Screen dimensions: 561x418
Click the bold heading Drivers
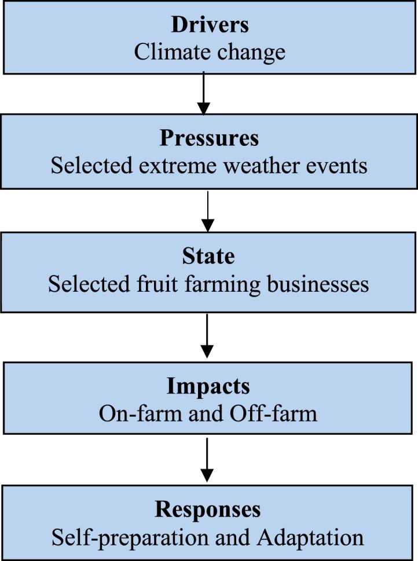click(x=209, y=25)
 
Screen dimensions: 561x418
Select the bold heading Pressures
click(x=209, y=139)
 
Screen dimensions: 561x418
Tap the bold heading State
click(x=209, y=257)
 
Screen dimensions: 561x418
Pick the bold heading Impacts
click(x=208, y=386)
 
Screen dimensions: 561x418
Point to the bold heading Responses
click(x=208, y=510)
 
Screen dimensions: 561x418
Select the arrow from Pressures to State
click(x=207, y=211)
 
